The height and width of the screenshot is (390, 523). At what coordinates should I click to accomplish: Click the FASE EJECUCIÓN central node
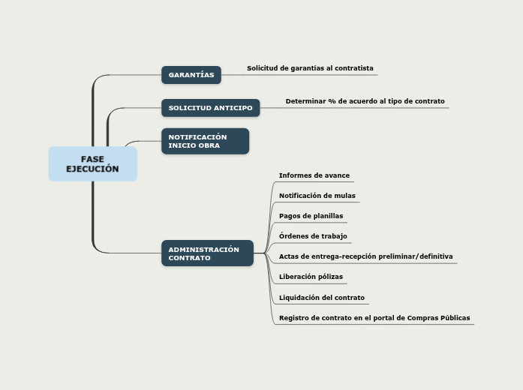tap(93, 163)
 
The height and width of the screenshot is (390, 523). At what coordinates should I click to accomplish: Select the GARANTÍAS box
tap(191, 75)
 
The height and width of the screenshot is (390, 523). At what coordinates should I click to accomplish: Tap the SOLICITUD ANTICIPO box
tap(210, 108)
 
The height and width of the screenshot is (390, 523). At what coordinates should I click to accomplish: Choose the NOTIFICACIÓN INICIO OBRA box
tap(205, 141)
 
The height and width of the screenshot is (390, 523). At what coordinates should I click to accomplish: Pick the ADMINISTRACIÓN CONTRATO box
tap(207, 253)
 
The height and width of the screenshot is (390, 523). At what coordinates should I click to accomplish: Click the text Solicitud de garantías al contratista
tap(310, 68)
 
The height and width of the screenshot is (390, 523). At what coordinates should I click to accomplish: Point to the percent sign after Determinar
tap(332, 101)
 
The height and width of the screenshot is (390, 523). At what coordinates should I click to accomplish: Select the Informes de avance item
tap(314, 175)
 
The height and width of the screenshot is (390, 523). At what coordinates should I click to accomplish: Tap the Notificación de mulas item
tap(317, 196)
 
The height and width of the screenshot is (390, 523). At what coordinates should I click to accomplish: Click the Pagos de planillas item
tap(311, 216)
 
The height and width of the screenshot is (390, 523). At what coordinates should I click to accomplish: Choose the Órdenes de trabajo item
tap(313, 236)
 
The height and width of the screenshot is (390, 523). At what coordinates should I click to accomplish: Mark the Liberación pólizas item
tap(311, 277)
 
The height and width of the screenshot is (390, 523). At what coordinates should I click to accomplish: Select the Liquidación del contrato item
tap(322, 298)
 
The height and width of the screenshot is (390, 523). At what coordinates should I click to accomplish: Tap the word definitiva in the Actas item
tap(436, 256)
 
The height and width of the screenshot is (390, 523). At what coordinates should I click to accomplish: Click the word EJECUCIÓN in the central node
tap(93, 169)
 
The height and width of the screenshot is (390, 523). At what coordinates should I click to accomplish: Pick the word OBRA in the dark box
tap(209, 145)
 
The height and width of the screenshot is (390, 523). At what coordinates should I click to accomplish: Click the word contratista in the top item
tap(354, 68)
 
